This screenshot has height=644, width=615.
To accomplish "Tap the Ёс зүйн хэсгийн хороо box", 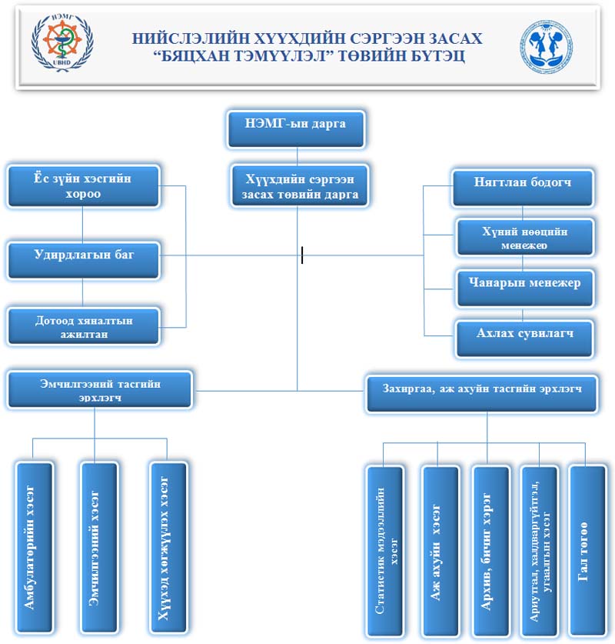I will click(83, 186).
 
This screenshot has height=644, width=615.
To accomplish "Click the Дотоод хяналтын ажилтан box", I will click(83, 327).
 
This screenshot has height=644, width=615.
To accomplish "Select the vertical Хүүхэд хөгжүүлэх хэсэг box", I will click(167, 547).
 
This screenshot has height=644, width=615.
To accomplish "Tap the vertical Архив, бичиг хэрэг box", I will click(490, 551).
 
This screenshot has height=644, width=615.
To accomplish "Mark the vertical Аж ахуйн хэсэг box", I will click(439, 551).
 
